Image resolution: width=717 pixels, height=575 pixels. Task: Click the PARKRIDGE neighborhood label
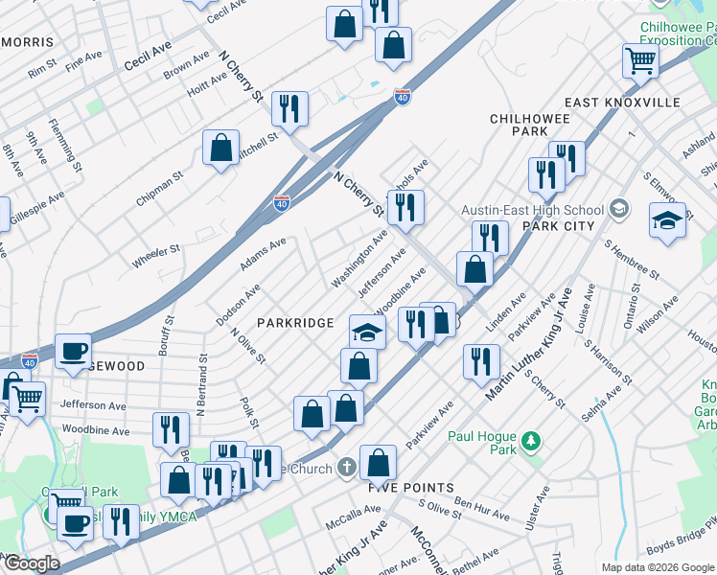295,323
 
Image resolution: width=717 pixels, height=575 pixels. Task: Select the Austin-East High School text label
533,210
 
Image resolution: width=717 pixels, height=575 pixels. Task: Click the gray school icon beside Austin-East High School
618,209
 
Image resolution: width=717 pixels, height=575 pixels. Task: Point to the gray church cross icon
346,468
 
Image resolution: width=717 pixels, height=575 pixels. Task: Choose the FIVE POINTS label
411,488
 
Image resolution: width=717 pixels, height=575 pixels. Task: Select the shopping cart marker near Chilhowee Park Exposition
640,60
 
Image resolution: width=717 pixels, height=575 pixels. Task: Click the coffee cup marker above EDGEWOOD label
73,351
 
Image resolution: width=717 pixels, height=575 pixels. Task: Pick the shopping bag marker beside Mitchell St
220,149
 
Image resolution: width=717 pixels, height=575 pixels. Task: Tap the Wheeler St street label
156,254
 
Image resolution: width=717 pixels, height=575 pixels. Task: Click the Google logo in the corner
31,563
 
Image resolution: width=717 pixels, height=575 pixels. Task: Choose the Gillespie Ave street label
36,208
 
